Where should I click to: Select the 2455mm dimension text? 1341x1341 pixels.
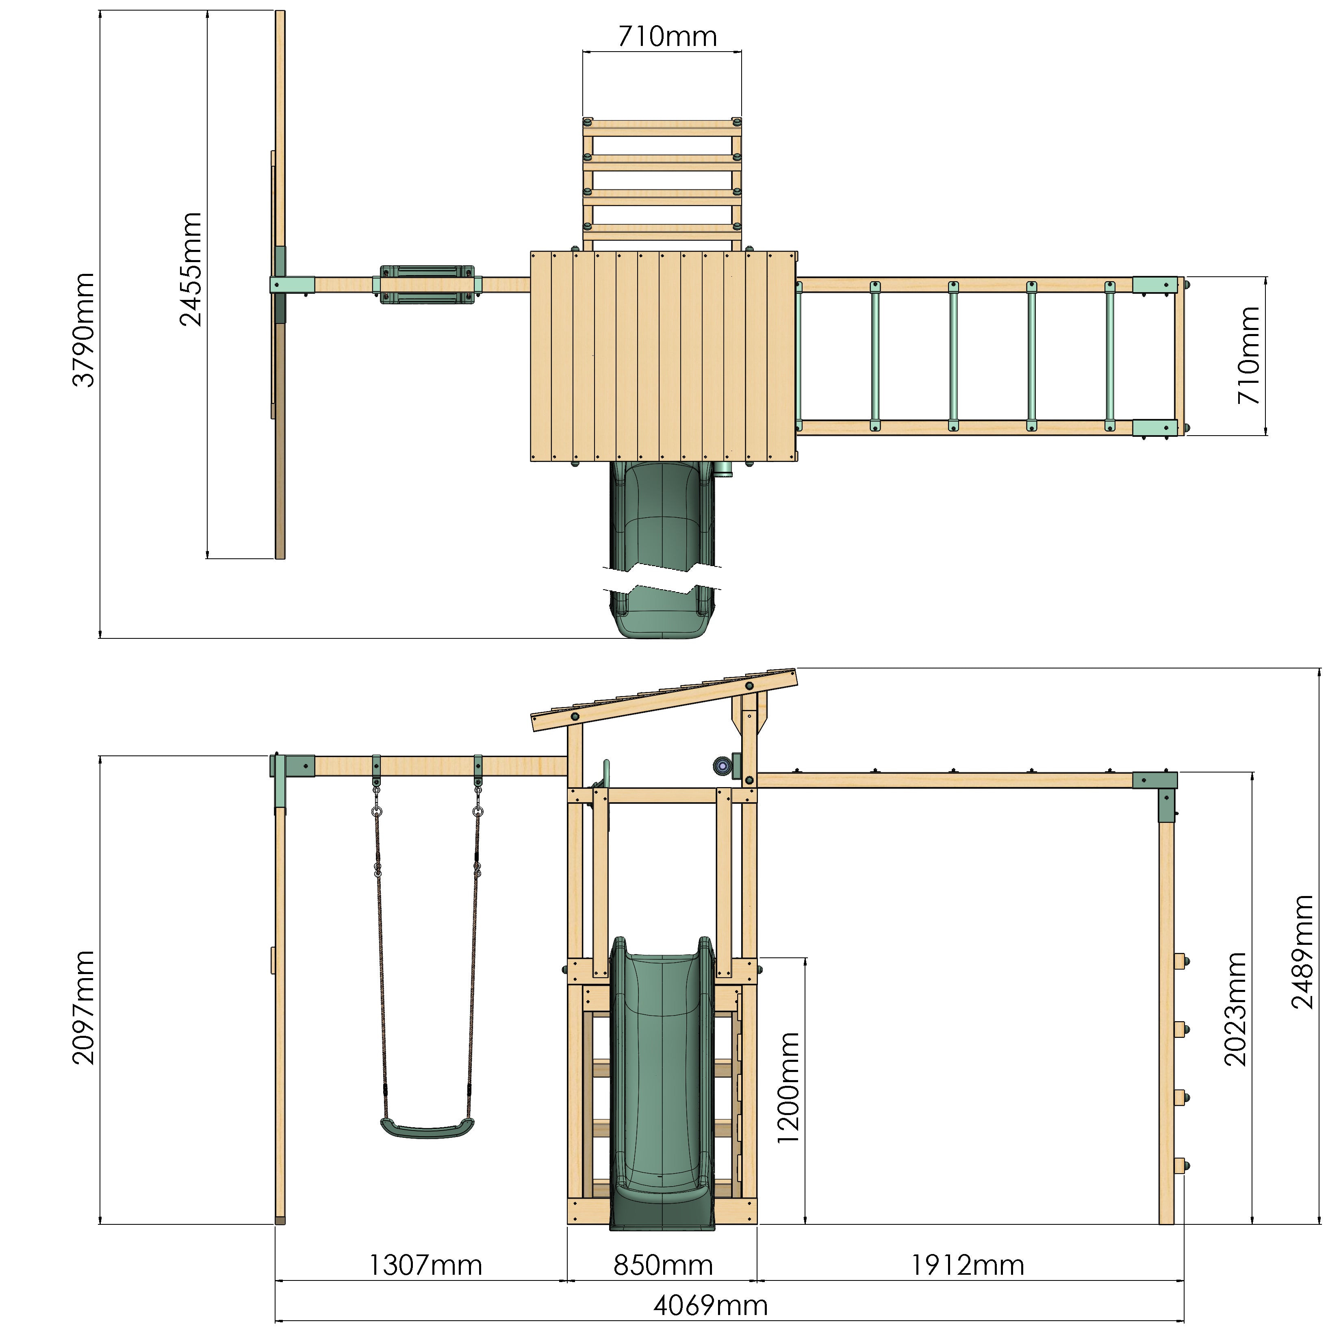point(190,270)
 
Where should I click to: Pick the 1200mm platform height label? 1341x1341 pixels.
point(788,1088)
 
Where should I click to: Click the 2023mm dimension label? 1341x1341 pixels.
point(1235,1009)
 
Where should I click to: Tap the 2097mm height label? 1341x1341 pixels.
point(83,1008)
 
